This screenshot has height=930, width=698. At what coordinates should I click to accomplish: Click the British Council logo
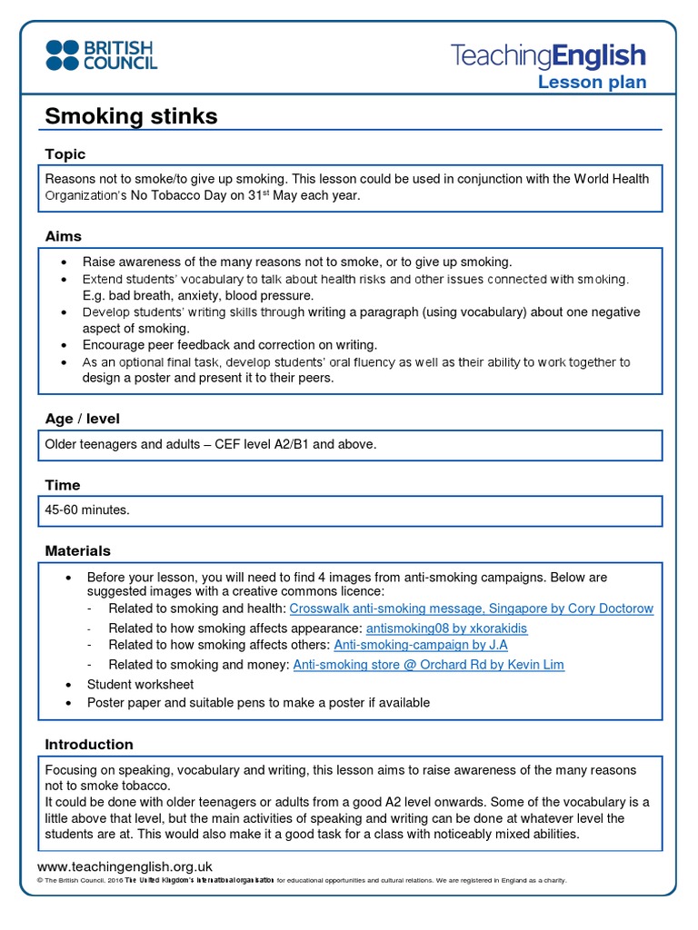(101, 54)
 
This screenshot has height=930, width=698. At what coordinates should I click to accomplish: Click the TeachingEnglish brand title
(548, 55)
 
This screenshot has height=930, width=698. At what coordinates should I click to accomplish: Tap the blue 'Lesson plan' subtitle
(592, 83)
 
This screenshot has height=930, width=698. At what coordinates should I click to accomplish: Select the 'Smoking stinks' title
(131, 116)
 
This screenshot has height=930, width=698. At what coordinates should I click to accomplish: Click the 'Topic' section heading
(65, 154)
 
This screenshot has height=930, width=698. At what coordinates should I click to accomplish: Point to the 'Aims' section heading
(64, 236)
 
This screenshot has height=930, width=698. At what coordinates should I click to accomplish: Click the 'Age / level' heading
(82, 419)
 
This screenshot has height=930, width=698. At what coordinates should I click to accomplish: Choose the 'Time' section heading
(63, 485)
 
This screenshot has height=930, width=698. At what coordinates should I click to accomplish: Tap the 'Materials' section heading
(78, 550)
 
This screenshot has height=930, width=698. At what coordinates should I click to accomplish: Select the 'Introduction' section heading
(89, 744)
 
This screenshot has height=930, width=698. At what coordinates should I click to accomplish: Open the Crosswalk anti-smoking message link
(471, 608)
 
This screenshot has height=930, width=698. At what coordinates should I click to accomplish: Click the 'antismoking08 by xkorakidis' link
(446, 628)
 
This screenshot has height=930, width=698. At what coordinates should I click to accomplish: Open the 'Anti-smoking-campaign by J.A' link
(421, 645)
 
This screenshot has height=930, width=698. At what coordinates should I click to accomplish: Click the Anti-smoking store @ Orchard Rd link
(428, 665)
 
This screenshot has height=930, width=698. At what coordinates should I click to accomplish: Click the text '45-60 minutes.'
(87, 510)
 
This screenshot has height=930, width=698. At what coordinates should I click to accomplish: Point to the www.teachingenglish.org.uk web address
(125, 866)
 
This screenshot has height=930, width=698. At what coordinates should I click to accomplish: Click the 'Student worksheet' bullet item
(140, 684)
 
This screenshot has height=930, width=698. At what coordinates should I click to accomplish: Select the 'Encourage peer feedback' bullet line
(229, 345)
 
